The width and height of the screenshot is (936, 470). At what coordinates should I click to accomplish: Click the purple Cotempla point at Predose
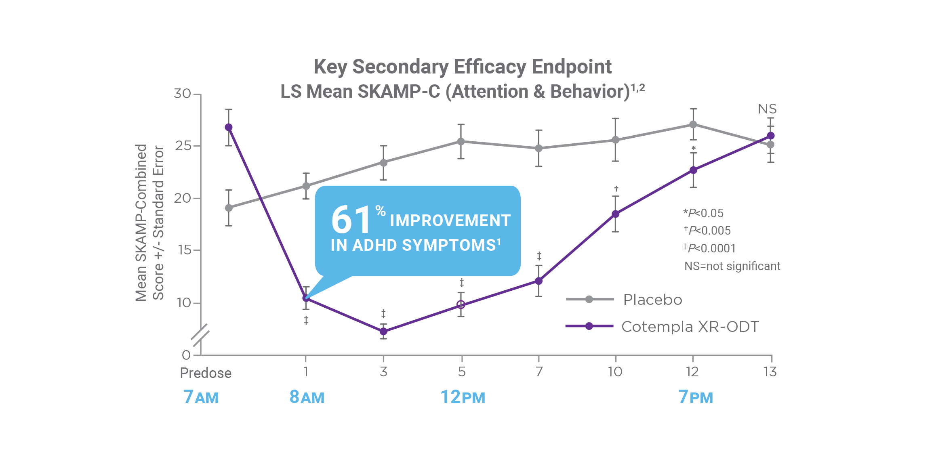click(229, 127)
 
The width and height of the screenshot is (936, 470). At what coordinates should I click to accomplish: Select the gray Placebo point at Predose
click(229, 208)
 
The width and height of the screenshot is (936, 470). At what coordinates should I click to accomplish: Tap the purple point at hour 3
click(383, 332)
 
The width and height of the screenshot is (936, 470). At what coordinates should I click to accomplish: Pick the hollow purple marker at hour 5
click(461, 304)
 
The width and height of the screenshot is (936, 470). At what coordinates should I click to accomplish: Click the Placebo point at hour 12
click(693, 124)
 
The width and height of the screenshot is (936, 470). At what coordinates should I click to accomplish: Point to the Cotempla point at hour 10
click(615, 214)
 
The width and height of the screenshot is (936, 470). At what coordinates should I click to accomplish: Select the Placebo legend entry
click(652, 300)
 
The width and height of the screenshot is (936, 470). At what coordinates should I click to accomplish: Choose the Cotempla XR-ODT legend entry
click(690, 326)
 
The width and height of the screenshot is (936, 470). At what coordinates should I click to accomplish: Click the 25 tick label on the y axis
click(183, 146)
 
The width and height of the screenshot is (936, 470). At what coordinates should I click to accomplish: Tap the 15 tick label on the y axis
click(185, 250)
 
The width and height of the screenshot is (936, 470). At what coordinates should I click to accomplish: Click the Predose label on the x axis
click(206, 373)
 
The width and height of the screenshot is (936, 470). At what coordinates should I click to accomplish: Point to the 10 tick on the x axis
click(615, 371)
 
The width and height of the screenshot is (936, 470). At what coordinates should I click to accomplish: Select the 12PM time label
click(463, 397)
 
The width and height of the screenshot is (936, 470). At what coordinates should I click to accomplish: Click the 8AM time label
click(307, 397)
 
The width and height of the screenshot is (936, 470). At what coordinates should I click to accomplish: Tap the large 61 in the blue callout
click(351, 220)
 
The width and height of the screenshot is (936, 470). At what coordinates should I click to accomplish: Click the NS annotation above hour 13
click(767, 109)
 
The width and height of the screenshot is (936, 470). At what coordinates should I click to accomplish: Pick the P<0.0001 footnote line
click(710, 248)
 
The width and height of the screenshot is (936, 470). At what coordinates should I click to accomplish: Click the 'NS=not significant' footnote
click(732, 266)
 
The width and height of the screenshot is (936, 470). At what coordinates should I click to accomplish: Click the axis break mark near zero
click(200, 335)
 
